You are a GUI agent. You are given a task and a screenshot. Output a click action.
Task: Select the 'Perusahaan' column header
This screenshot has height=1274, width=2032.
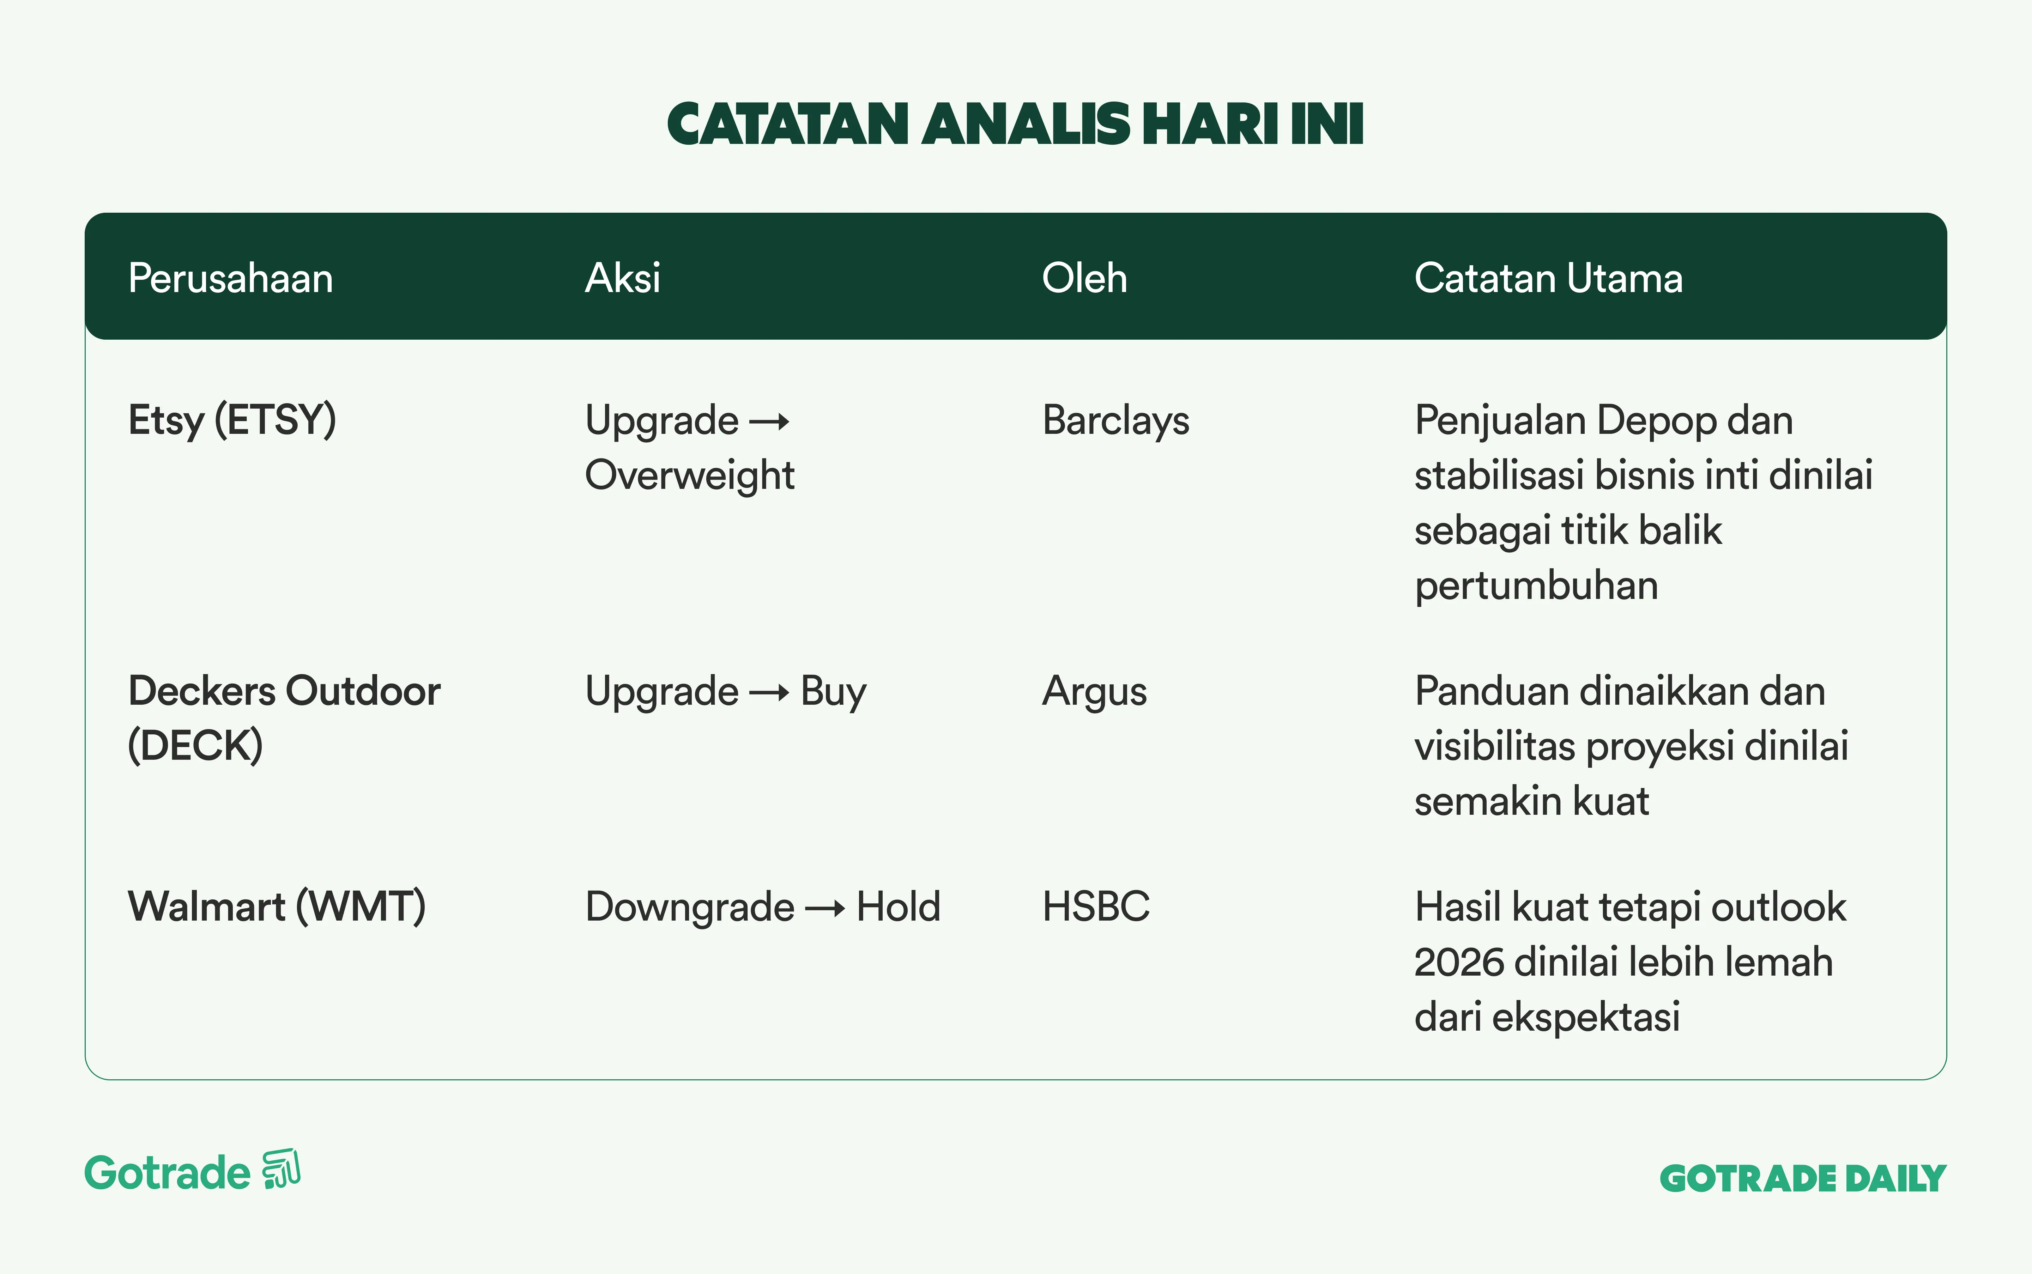tap(230, 278)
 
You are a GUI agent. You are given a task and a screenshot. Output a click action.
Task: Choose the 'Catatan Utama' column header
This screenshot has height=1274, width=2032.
tap(1548, 278)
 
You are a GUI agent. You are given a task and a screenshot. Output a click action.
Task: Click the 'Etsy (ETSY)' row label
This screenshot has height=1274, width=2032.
tap(232, 420)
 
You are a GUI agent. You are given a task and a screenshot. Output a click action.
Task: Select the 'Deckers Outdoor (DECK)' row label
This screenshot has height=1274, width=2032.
tap(284, 718)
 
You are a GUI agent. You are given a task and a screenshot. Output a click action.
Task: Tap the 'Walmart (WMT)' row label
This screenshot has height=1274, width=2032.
tap(277, 906)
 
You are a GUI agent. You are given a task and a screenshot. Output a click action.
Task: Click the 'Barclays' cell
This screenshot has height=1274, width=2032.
tap(1116, 420)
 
